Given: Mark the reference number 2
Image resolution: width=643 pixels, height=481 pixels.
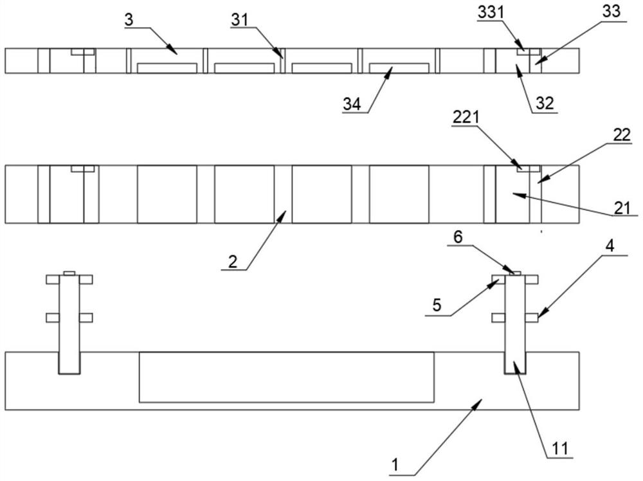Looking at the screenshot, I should [231, 261].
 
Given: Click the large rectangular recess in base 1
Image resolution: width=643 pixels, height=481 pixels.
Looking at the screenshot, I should [287, 377].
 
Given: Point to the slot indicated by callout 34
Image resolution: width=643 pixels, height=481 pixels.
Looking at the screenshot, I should [399, 68].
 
